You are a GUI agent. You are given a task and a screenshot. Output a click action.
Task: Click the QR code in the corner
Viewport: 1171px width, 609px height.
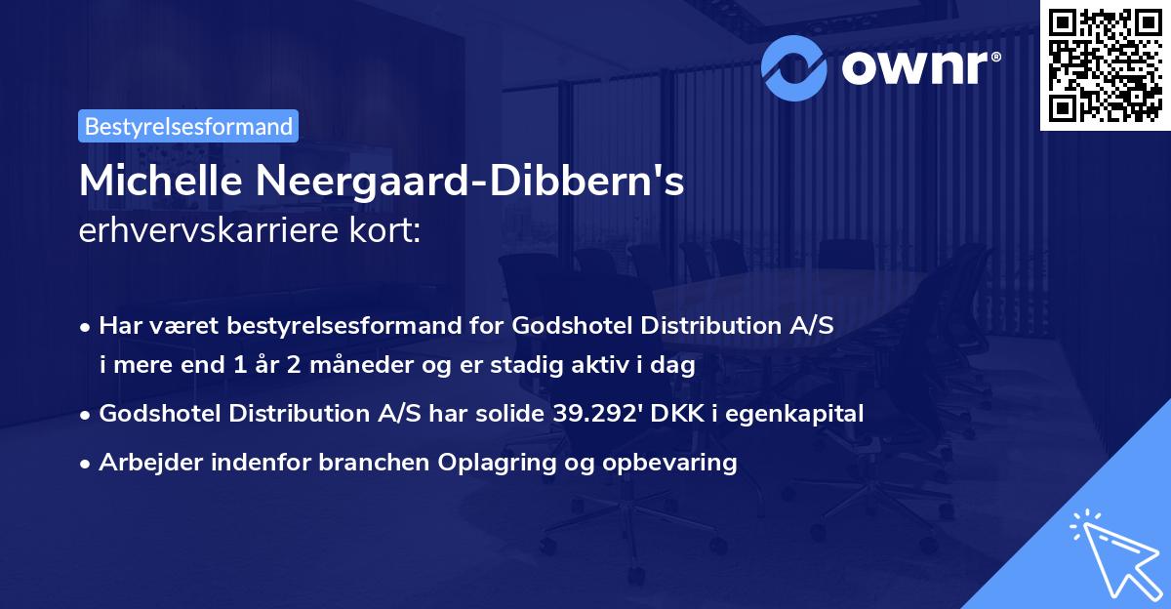tap(1104, 65)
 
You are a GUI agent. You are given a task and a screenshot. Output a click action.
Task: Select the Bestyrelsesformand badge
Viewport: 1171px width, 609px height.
tap(188, 126)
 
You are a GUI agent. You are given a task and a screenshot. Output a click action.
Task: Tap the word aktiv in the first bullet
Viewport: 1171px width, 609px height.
tap(610, 366)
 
